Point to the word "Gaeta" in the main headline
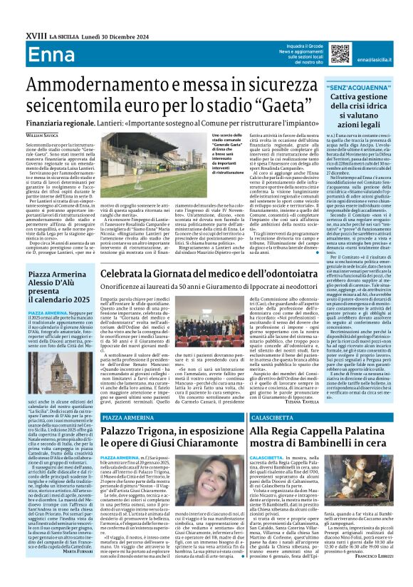pyautogui.click(x=296, y=105)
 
